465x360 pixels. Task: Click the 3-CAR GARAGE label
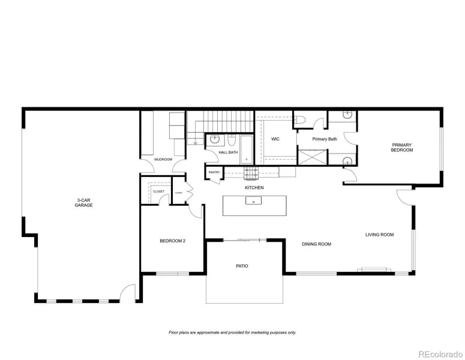[84, 202]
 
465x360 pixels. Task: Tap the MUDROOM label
[163, 160]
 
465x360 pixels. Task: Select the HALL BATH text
[228, 152]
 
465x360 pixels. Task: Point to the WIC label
[275, 139]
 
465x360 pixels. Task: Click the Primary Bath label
[325, 139]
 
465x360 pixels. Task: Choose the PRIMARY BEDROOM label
[402, 147]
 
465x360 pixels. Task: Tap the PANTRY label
[214, 173]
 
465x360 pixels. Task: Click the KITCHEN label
[254, 188]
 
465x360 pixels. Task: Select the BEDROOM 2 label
[172, 241]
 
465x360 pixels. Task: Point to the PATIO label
[242, 266]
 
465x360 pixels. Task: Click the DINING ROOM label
[316, 244]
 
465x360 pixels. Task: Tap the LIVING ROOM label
[379, 235]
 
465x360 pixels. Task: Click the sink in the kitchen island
[254, 202]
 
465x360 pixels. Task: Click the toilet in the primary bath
[301, 120]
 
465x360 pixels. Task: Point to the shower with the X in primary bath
[312, 157]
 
